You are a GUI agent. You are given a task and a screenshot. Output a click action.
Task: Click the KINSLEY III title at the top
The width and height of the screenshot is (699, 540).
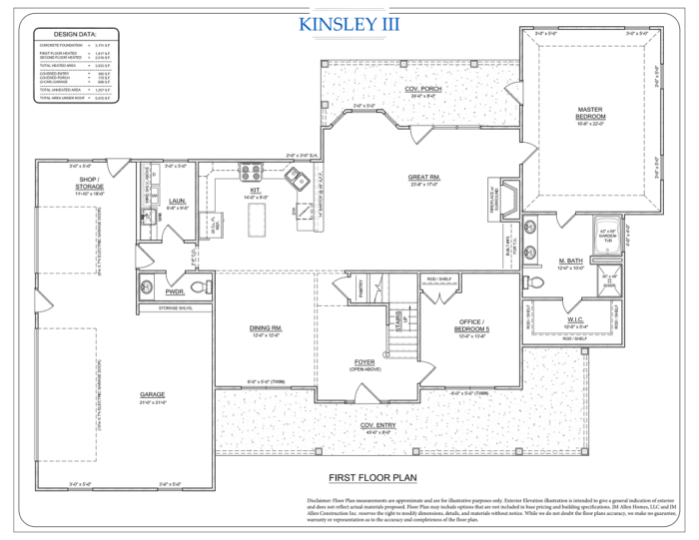[x=349, y=22]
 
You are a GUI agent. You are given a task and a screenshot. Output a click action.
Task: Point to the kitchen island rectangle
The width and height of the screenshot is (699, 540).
[x=259, y=216]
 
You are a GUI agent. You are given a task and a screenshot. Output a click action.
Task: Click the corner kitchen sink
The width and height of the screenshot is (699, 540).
[x=297, y=180]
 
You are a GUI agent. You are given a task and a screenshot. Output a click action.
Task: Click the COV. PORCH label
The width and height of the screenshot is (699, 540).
[x=422, y=90]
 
